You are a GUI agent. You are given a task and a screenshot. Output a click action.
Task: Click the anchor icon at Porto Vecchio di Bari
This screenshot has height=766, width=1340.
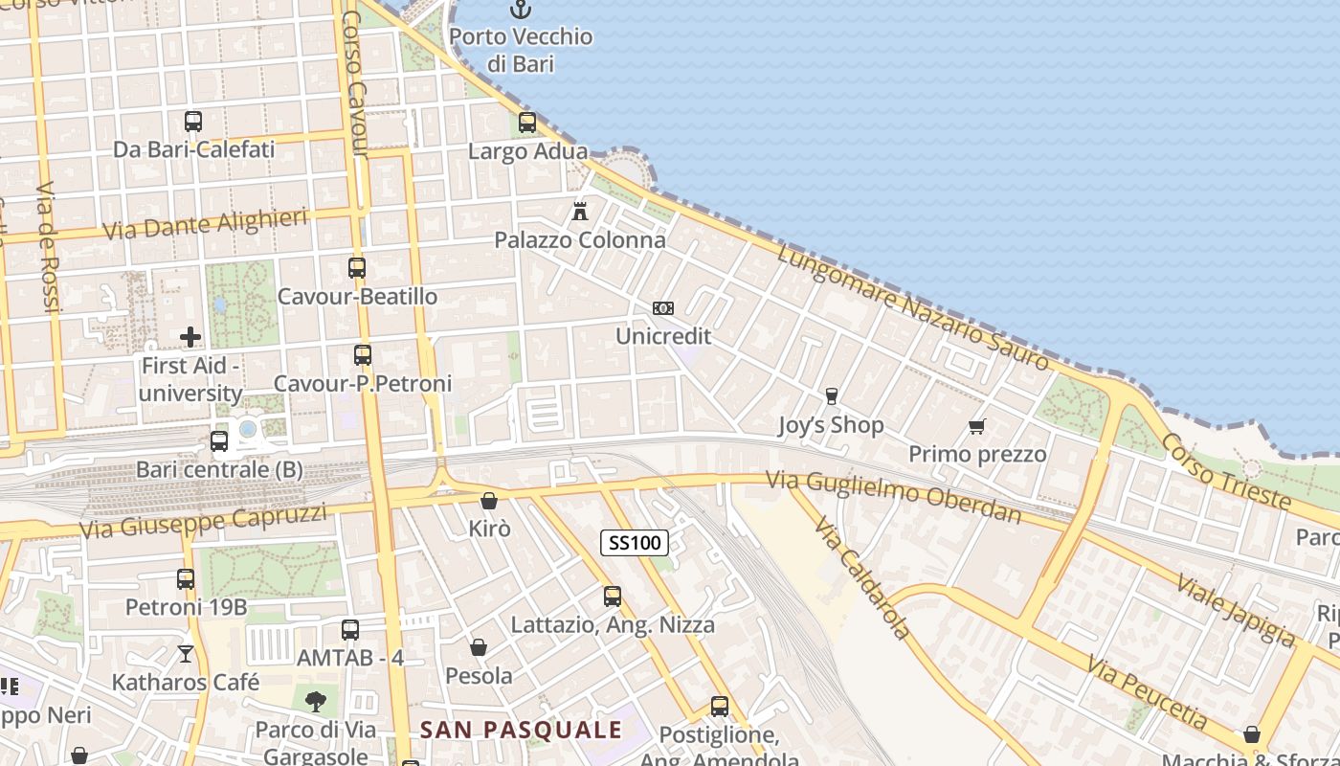tap(520, 10)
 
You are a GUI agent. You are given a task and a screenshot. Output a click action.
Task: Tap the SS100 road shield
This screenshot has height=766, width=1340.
tap(634, 543)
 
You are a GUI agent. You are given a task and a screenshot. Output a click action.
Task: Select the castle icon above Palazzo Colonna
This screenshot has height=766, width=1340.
tap(580, 211)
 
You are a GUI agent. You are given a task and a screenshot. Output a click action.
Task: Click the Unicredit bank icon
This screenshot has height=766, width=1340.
tap(662, 308)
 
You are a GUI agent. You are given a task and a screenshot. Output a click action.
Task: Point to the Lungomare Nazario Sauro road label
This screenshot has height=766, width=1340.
tap(913, 307)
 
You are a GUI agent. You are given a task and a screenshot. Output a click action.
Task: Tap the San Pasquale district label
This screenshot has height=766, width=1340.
tap(522, 730)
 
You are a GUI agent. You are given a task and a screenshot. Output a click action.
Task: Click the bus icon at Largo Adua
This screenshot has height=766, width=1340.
tap(527, 123)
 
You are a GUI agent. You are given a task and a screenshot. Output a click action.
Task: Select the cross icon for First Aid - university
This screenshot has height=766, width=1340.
tap(190, 337)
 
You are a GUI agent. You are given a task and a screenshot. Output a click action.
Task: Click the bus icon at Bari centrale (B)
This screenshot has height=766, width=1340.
tap(219, 441)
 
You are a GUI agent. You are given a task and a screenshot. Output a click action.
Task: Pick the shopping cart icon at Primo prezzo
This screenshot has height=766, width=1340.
tap(976, 426)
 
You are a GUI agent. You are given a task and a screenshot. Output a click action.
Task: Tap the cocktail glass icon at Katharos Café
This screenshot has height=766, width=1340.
tap(186, 654)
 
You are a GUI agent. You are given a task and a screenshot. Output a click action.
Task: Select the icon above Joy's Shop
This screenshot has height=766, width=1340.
tap(831, 396)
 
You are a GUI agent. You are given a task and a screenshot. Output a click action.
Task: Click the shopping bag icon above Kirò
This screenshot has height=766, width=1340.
tap(489, 501)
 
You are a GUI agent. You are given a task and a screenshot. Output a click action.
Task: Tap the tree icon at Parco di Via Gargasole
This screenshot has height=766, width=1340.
tap(315, 702)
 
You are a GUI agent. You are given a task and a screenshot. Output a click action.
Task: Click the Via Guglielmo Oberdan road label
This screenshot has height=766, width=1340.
tap(894, 496)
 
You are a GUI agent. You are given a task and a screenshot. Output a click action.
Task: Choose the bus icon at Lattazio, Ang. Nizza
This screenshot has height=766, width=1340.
tap(613, 597)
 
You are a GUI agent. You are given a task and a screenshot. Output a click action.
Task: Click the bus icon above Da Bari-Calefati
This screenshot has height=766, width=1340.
tap(193, 122)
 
